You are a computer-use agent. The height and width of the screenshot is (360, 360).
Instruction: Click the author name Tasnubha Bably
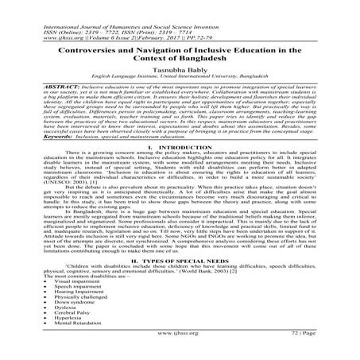[180, 69]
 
